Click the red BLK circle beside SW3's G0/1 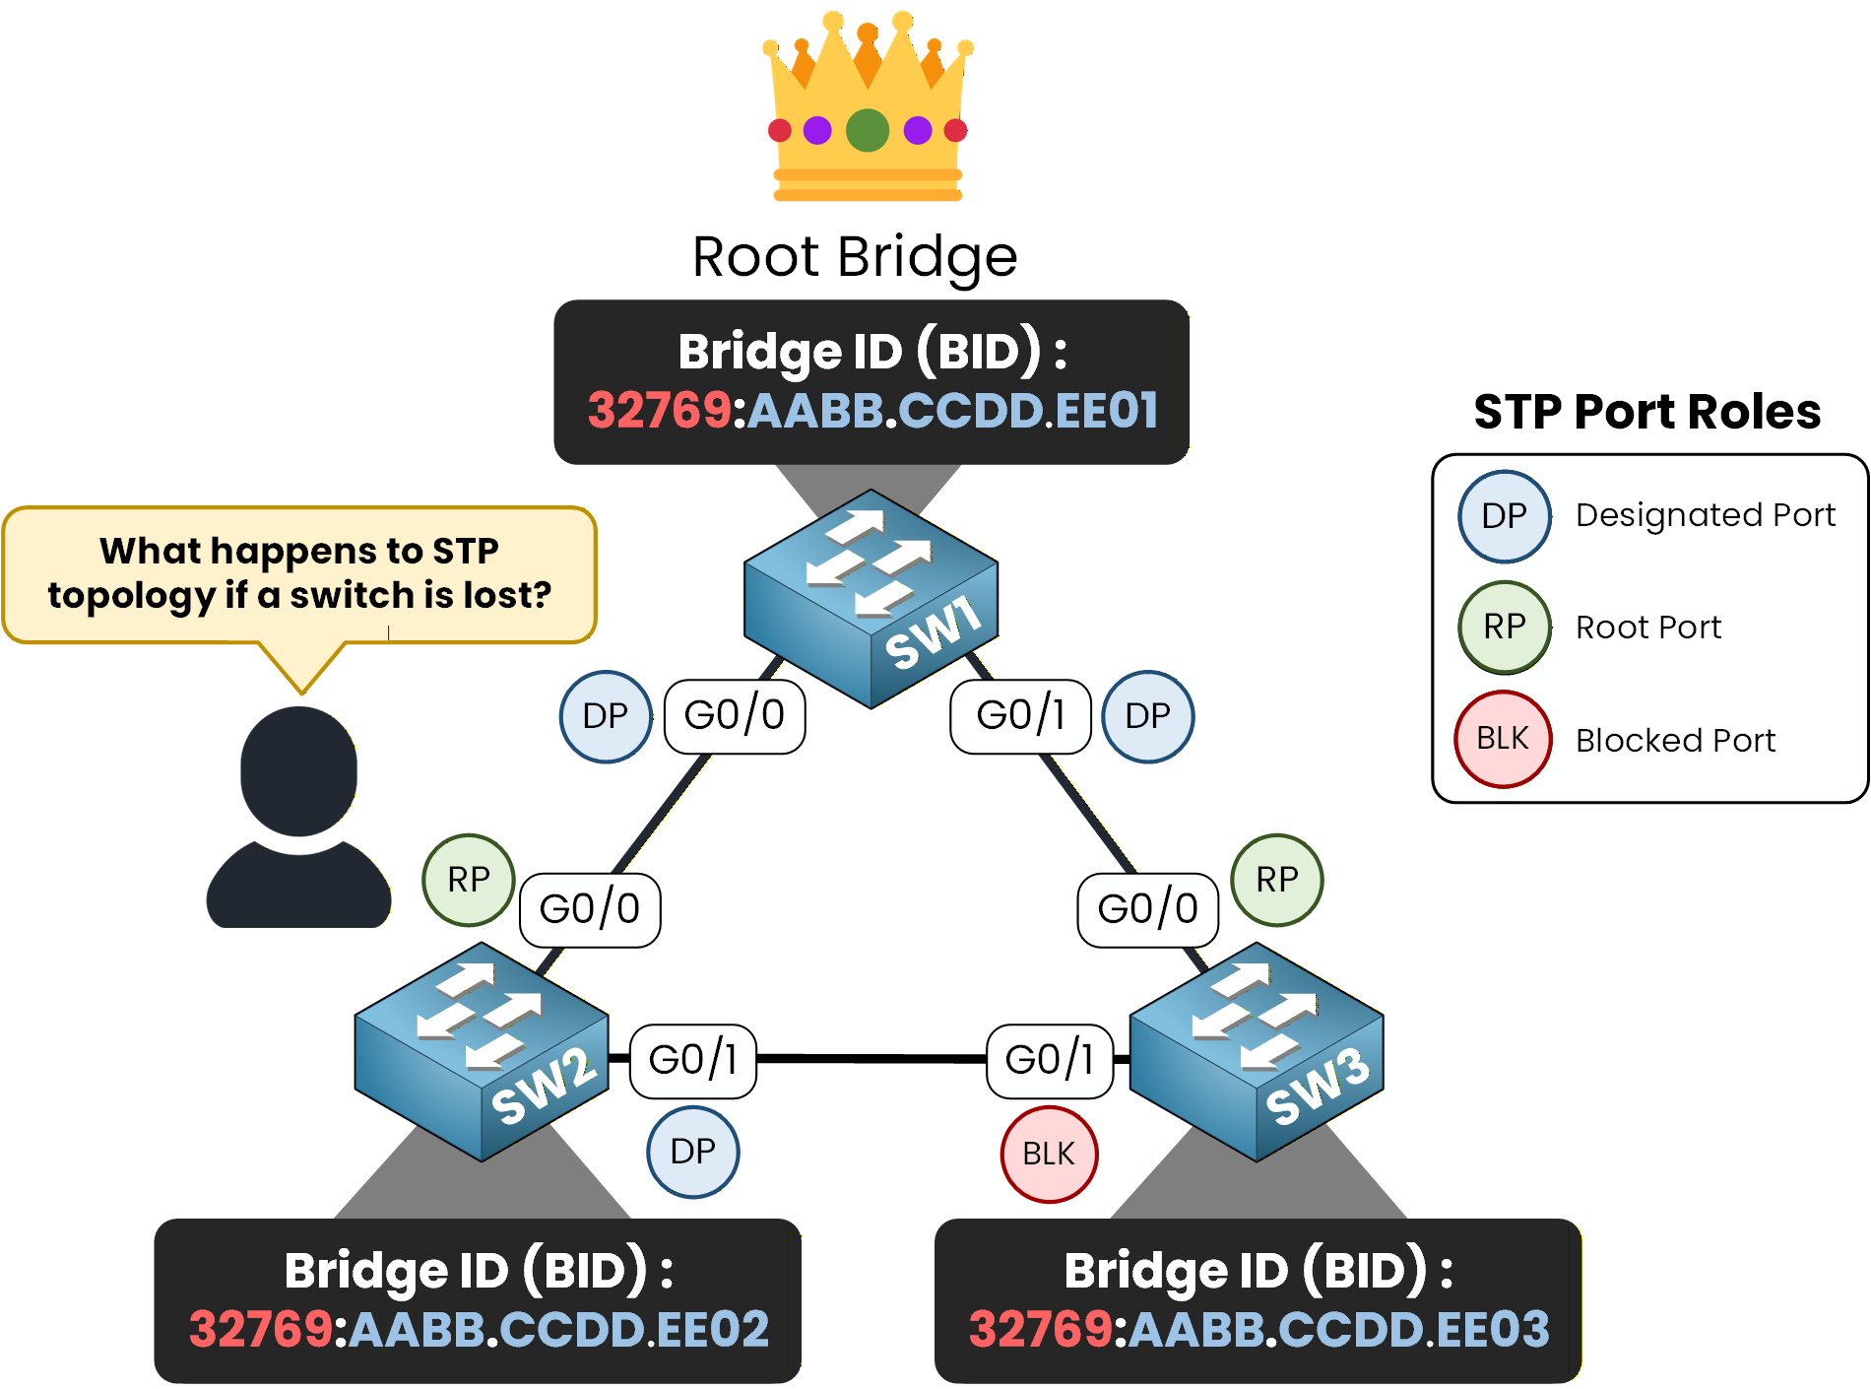pos(1049,1154)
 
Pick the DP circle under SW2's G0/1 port pos(692,1152)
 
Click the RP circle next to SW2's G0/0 pos(469,880)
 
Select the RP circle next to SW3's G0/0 pos(1277,880)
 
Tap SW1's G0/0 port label pos(735,716)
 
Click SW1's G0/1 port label pos(1020,716)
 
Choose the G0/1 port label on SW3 pos(1050,1060)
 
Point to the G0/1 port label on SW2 pos(693,1060)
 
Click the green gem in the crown pos(868,130)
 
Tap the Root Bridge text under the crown pos(855,257)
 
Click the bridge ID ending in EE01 pos(872,410)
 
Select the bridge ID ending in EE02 pos(479,1329)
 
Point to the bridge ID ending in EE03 pos(1258,1329)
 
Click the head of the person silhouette pos(299,770)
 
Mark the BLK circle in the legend pos(1503,739)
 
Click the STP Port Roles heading pos(1646,412)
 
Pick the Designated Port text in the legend pos(1706,515)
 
